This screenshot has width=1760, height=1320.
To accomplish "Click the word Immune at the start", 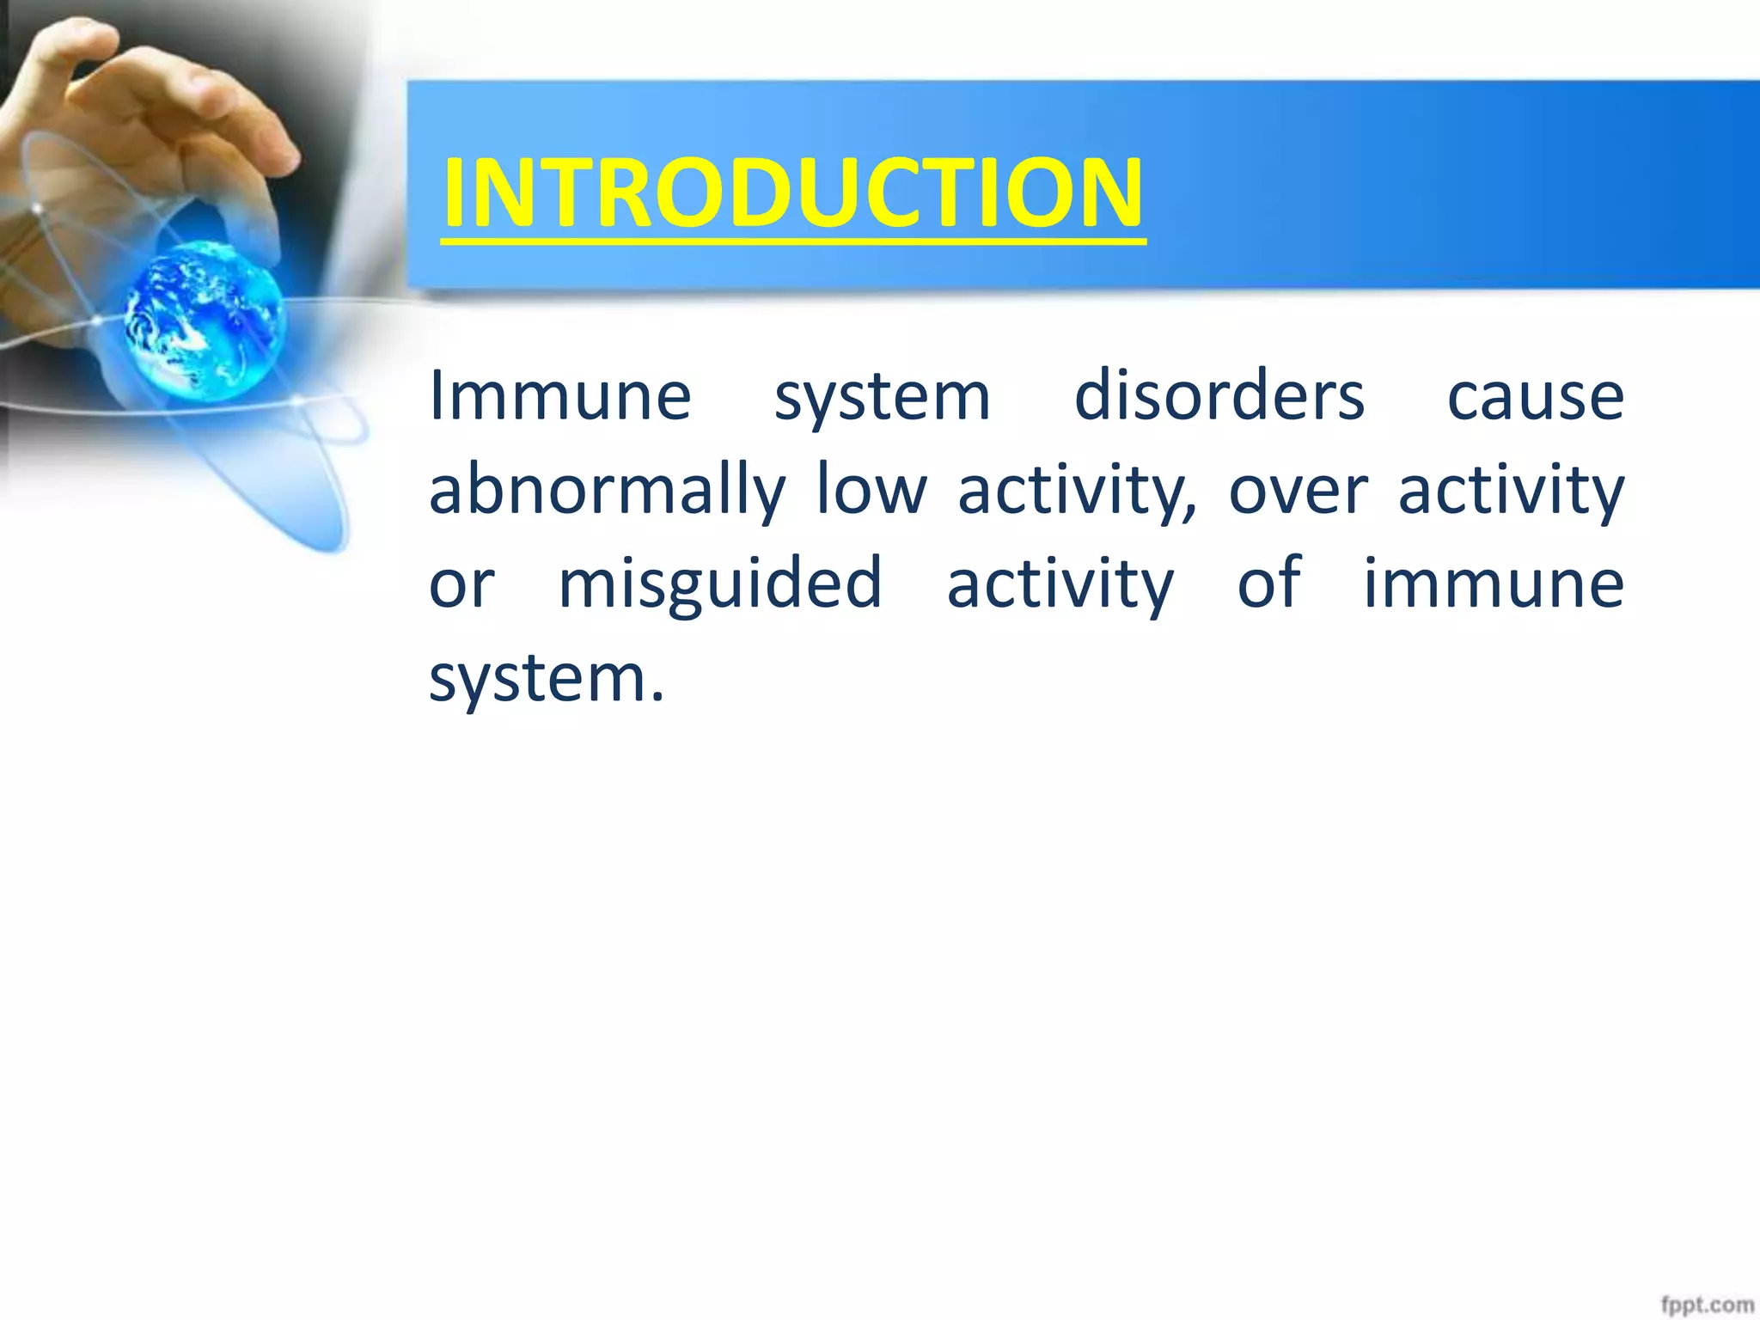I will click(560, 397).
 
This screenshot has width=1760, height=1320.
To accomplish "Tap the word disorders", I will click(1219, 397).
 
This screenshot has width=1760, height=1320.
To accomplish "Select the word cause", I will click(1536, 397).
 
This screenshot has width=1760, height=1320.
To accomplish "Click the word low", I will click(871, 490).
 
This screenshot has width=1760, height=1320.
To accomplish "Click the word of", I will click(1269, 583).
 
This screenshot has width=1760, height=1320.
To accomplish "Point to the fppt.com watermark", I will click(1706, 1305).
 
